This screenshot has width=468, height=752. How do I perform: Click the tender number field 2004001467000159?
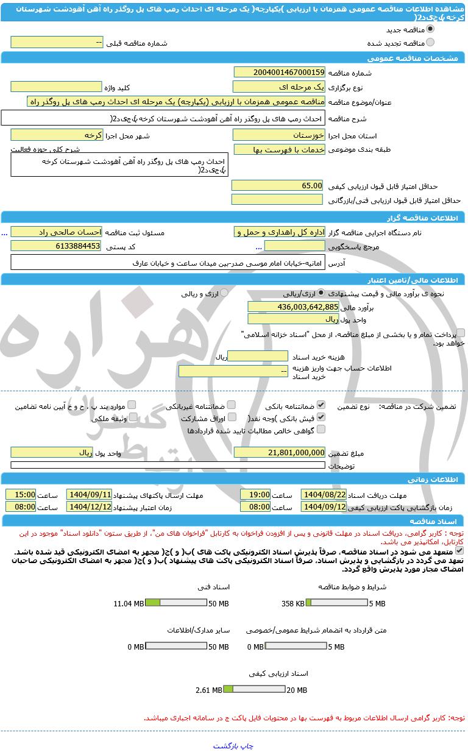click(x=280, y=73)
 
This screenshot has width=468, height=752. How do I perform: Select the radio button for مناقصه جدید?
click(x=430, y=29)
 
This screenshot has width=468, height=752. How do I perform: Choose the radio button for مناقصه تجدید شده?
click(x=430, y=43)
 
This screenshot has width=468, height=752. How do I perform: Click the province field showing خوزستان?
click(x=280, y=135)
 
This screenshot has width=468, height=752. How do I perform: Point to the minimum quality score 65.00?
click(x=277, y=185)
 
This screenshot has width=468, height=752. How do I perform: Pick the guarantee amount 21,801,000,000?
click(x=280, y=452)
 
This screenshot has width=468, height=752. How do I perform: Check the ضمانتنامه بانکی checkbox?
click(x=321, y=405)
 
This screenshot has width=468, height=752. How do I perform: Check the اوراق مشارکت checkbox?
click(x=231, y=417)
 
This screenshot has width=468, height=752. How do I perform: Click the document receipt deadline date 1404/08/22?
click(x=324, y=494)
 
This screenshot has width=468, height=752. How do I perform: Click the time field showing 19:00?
click(x=255, y=494)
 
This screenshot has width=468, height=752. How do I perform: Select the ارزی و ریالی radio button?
click(x=224, y=293)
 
